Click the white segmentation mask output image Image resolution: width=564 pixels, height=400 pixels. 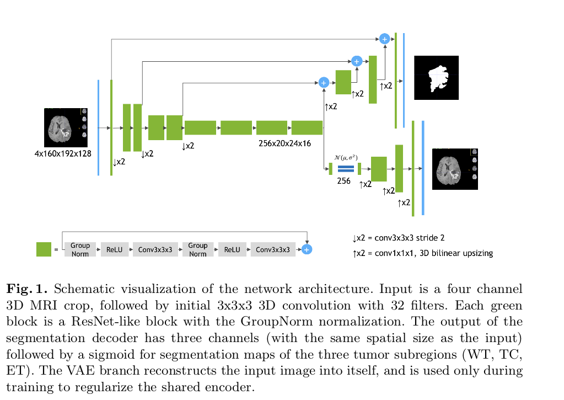(436, 77)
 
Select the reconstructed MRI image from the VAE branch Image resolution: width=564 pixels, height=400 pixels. (454, 168)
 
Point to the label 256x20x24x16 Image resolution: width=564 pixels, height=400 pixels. (284, 143)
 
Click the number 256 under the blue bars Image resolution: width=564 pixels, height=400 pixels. (344, 181)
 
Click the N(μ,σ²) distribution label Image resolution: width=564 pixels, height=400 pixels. (346, 158)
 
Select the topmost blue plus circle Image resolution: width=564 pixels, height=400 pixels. (385, 39)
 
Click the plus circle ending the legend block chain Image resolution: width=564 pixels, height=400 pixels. (307, 249)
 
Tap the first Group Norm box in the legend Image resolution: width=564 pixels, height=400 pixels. (80, 249)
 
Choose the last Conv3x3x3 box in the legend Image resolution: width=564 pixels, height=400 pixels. (273, 249)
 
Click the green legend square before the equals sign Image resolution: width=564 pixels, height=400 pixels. (44, 249)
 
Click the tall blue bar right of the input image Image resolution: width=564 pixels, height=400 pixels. (98, 127)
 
